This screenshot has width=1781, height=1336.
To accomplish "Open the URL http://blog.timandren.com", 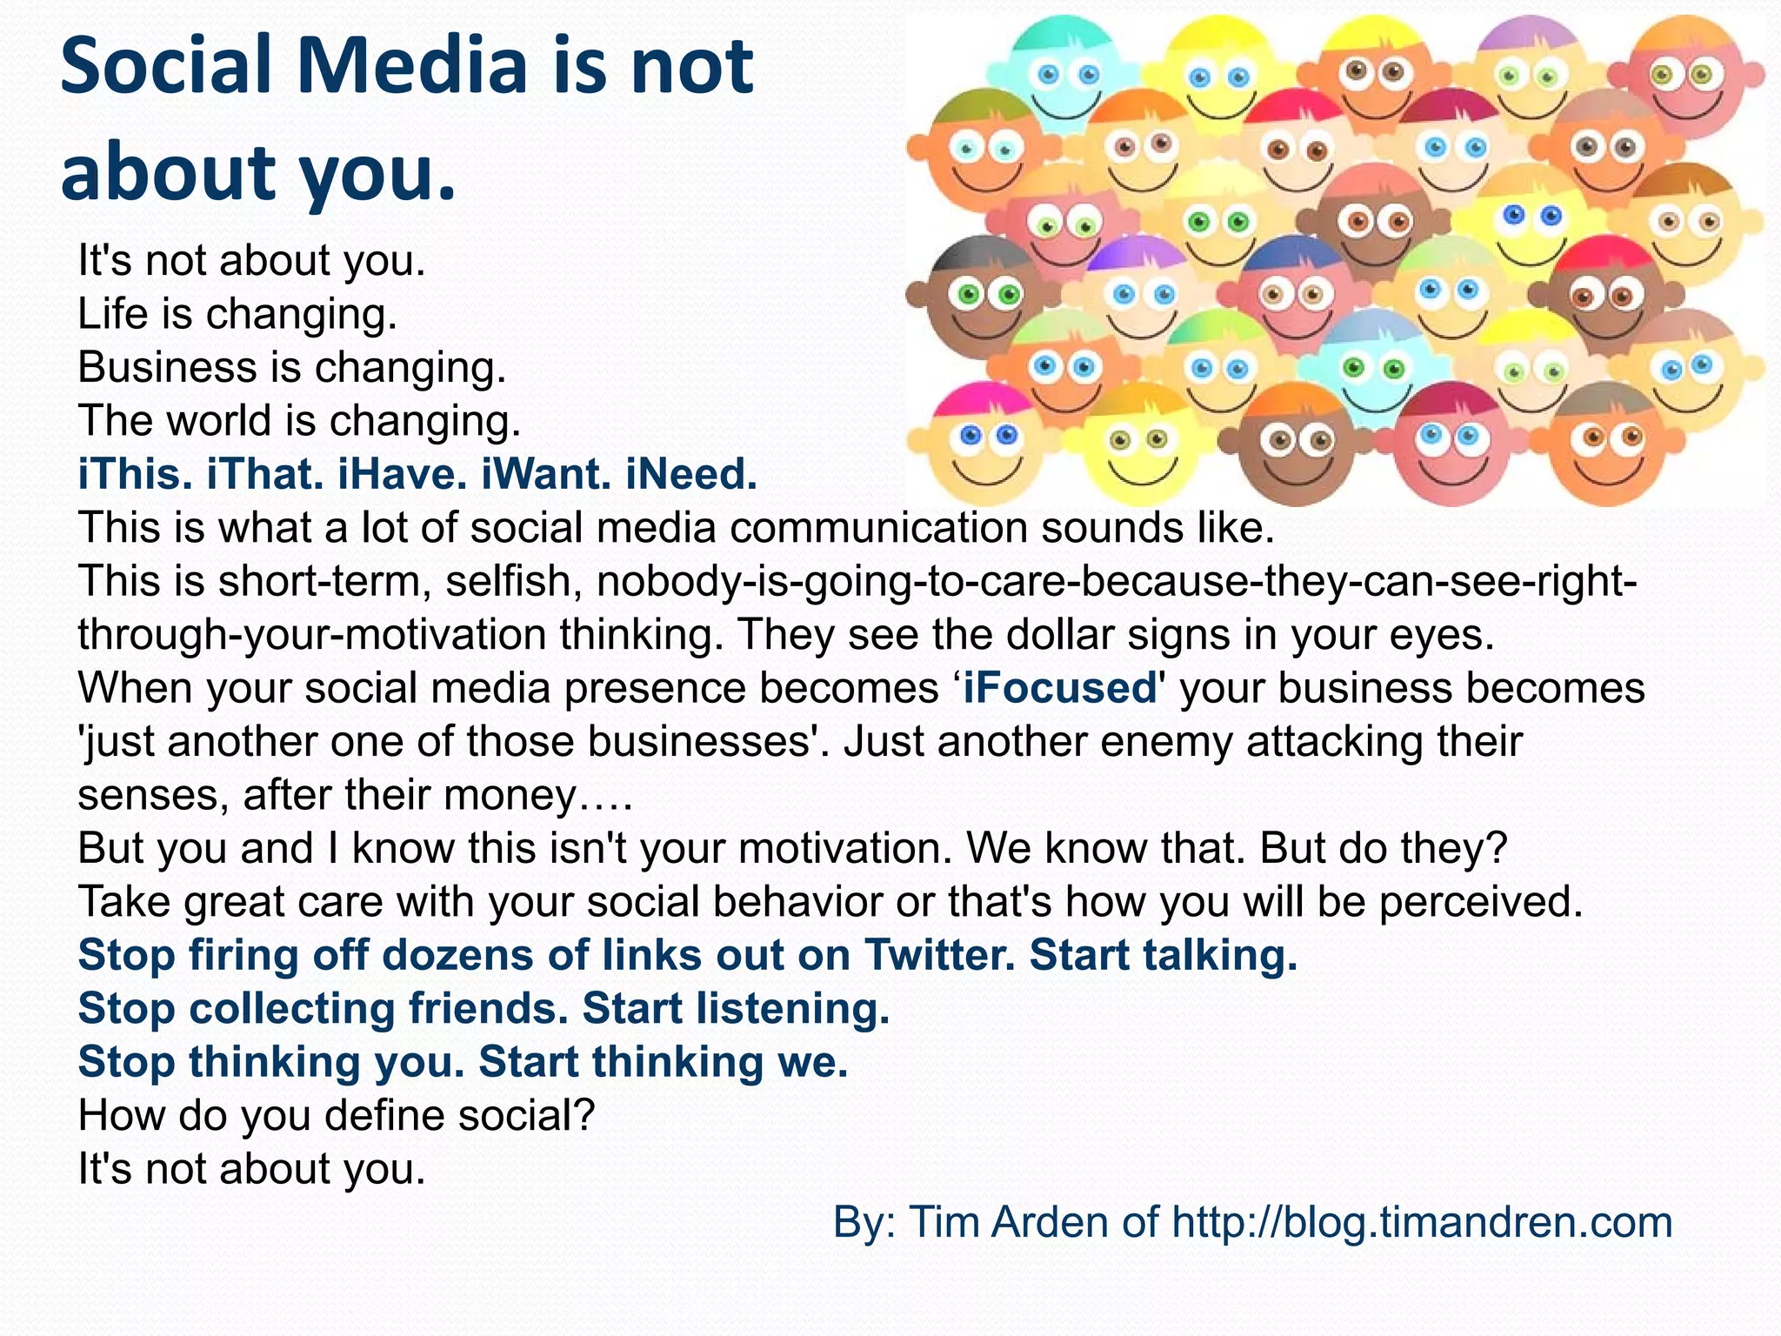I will [x=1422, y=1222].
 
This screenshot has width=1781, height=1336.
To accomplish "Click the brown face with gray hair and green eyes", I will [x=978, y=296].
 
